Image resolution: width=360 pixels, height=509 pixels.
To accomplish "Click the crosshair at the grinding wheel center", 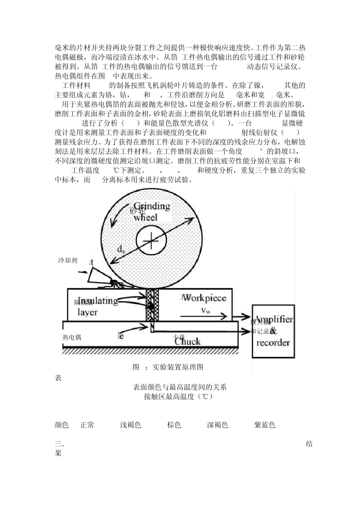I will (x=151, y=241).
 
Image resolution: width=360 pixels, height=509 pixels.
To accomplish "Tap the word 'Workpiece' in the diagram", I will (x=207, y=298).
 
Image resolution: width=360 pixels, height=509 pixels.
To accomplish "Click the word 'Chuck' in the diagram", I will (x=187, y=341).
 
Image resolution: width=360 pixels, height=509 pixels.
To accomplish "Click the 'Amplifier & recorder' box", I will (x=273, y=331).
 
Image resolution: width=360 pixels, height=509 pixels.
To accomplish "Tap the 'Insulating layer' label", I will (x=97, y=306).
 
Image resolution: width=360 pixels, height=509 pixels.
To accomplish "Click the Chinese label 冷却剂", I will (x=67, y=260).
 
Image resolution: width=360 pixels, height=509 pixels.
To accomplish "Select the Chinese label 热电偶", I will (x=72, y=337).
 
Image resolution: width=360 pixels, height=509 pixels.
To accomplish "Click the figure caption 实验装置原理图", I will (x=178, y=367).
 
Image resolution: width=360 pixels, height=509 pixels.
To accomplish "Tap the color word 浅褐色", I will (x=130, y=425).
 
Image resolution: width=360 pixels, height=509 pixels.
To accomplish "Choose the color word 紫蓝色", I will (x=265, y=425).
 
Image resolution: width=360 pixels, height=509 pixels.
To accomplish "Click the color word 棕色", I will (x=174, y=425).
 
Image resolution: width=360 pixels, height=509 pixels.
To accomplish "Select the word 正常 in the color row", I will (x=87, y=425).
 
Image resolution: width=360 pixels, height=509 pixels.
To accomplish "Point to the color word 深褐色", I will (x=218, y=425).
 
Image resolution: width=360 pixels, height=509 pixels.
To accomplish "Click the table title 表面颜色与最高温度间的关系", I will (x=180, y=387).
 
